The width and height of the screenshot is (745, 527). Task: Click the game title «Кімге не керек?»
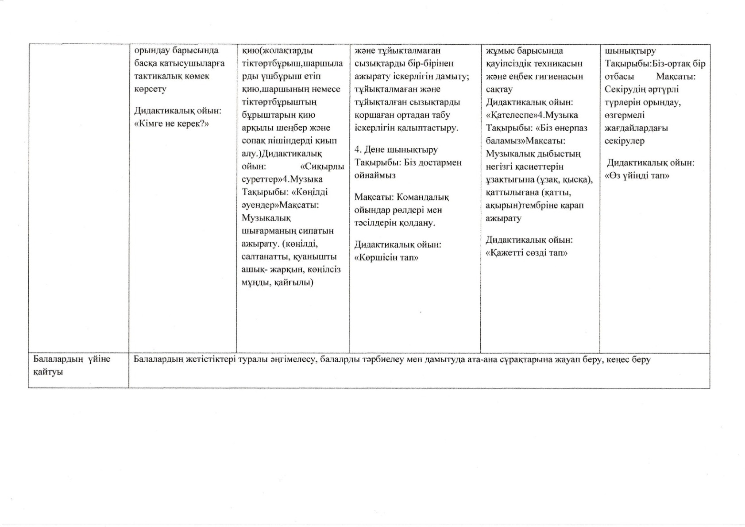click(x=171, y=124)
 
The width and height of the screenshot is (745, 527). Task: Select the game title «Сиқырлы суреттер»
click(x=293, y=173)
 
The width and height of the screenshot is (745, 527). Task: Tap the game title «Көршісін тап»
click(x=386, y=257)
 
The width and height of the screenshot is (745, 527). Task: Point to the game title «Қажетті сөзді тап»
click(x=526, y=253)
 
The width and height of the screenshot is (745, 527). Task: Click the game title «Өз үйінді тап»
click(x=637, y=176)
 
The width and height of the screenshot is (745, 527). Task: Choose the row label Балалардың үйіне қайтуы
click(x=71, y=365)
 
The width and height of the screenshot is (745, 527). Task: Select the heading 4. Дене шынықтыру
click(x=396, y=150)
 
